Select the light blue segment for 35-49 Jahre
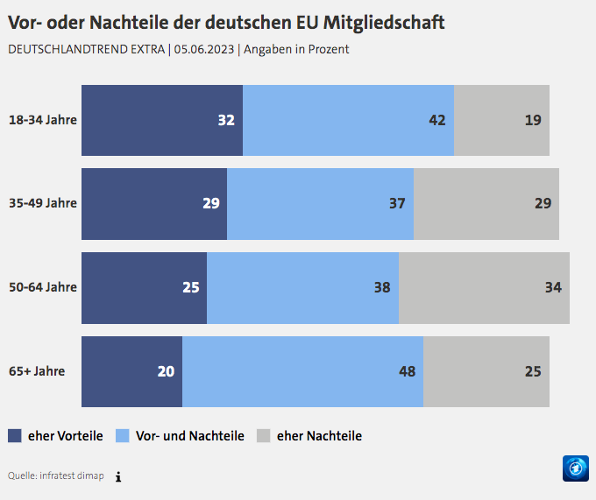(x=320, y=204)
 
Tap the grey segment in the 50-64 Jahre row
(x=484, y=287)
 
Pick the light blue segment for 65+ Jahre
(x=302, y=371)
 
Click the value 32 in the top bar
(x=226, y=120)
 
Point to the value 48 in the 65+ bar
(x=407, y=371)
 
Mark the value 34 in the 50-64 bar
(x=553, y=287)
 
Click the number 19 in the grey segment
(x=533, y=120)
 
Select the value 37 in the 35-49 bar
(x=397, y=204)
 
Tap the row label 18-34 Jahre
(x=42, y=120)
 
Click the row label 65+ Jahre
(x=37, y=371)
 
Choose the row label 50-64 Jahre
(x=42, y=287)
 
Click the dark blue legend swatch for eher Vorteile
(x=15, y=435)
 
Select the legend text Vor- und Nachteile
(x=189, y=435)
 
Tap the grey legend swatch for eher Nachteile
(x=263, y=435)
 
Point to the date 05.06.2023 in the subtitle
(x=203, y=49)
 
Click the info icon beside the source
(x=118, y=476)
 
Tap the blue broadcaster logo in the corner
(x=575, y=468)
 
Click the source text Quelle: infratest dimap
(x=55, y=475)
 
